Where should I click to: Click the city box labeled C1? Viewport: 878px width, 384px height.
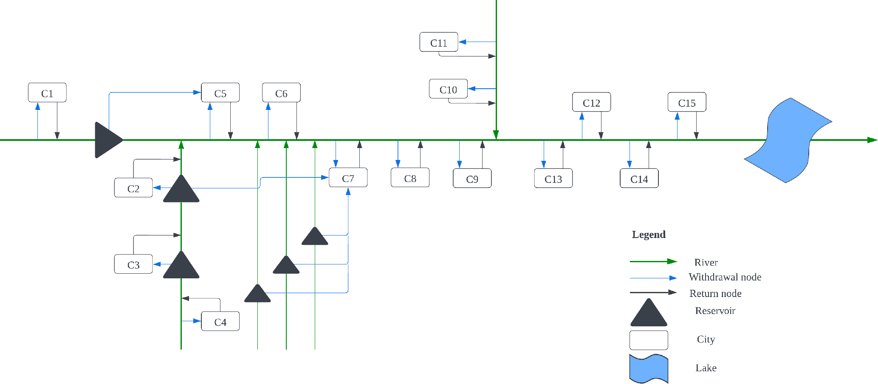tap(47, 92)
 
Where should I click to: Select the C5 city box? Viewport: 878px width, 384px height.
tap(220, 92)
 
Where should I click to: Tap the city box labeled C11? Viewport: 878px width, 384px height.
tap(439, 42)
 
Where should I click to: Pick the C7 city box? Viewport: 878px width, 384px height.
tap(348, 178)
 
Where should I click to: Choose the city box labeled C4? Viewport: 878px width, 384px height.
tap(220, 321)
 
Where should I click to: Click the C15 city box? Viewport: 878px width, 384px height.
tap(687, 102)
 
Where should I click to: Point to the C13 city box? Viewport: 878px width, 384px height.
tap(553, 178)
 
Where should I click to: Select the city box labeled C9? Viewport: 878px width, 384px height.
tap(472, 178)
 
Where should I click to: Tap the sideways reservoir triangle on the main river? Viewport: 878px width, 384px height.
tap(107, 140)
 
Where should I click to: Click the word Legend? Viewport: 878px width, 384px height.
tap(649, 235)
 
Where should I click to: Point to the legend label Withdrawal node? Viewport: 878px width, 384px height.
tap(725, 277)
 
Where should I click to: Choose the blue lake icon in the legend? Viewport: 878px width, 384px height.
tap(649, 368)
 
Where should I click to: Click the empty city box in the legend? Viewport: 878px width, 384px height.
tap(649, 340)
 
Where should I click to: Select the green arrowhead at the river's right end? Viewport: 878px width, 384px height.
tap(872, 140)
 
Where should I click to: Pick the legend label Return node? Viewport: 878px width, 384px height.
tap(715, 294)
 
